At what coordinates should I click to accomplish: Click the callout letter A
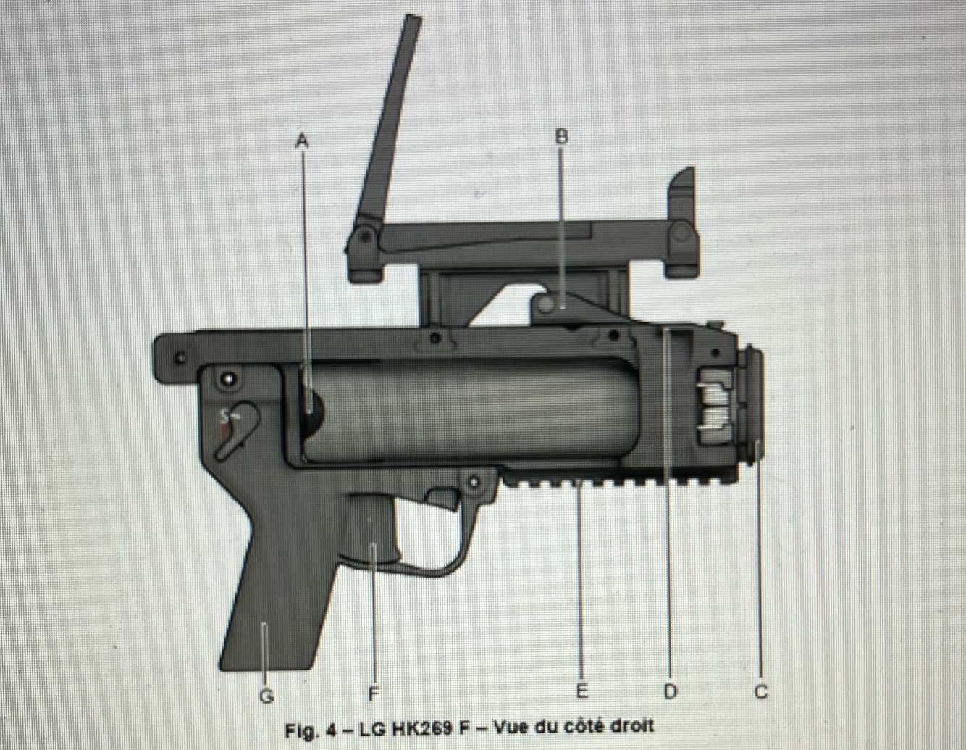tap(302, 141)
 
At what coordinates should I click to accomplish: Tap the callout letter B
tap(562, 137)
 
